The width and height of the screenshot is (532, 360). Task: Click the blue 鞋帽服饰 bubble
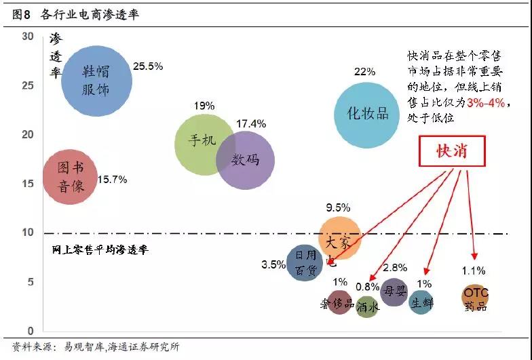pos(96,80)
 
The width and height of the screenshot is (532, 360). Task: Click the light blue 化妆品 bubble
pos(368,114)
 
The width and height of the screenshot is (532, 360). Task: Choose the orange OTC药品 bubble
pos(476,298)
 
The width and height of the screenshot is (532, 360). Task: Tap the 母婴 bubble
pos(394,292)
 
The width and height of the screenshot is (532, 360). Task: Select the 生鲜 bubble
pos(421,302)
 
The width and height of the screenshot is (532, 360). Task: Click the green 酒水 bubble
pos(367,306)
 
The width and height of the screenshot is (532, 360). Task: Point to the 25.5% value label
pos(148,66)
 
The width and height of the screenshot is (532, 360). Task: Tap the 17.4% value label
pos(251,124)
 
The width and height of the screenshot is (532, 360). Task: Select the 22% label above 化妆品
pos(364,72)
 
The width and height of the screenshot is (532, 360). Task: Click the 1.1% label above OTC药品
pos(474,271)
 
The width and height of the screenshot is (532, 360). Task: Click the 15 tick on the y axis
pos(27,183)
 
